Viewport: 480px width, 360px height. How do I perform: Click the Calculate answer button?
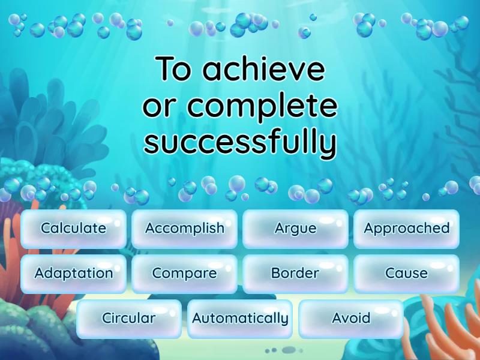[x=73, y=229]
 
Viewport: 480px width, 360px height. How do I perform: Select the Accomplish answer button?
[x=184, y=229]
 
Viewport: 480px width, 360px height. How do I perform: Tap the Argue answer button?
[x=295, y=229]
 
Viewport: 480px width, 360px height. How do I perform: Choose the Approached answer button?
[x=406, y=229]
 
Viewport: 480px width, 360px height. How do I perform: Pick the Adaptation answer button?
[x=73, y=274]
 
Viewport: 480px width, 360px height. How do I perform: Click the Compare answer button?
[x=184, y=274]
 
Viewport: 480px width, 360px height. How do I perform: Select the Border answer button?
[x=295, y=274]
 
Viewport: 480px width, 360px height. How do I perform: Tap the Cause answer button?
[x=406, y=274]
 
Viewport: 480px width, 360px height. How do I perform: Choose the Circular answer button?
[x=128, y=319]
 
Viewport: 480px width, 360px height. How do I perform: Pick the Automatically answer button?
[x=240, y=319]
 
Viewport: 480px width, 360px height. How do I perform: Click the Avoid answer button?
[x=351, y=319]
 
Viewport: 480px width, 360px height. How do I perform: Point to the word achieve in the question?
[x=264, y=70]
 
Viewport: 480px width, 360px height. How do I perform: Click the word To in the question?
[x=175, y=70]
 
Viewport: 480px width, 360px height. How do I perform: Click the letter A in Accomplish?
[x=150, y=228]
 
